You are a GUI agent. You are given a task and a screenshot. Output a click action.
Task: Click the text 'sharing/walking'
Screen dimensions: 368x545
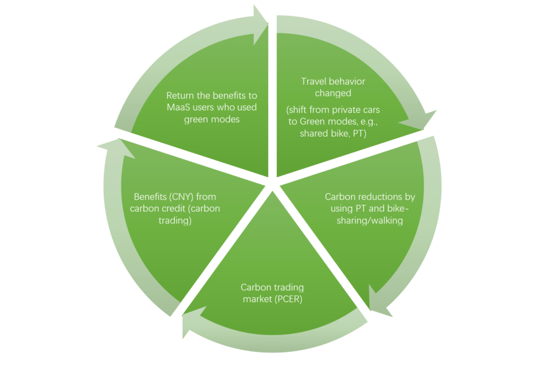point(370,219)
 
